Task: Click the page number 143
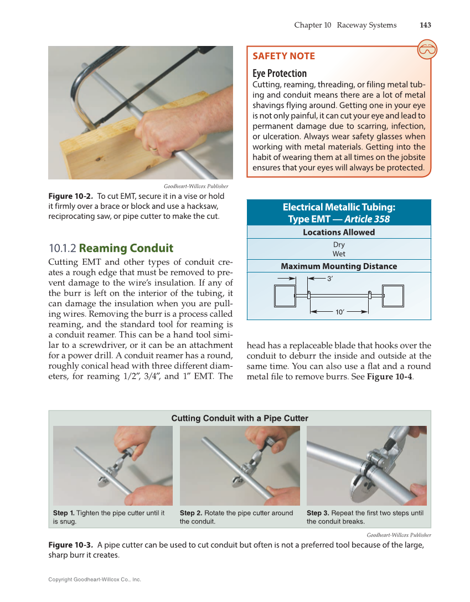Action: (x=425, y=25)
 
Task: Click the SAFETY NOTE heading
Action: (x=283, y=56)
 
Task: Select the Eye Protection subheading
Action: (x=279, y=73)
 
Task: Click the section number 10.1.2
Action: (x=63, y=248)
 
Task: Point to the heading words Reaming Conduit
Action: (x=126, y=248)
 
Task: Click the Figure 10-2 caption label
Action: (x=71, y=197)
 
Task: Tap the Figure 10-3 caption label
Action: (x=71, y=546)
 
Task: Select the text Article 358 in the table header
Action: (x=366, y=219)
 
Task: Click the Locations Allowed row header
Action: (x=338, y=233)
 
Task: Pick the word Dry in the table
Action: (x=339, y=245)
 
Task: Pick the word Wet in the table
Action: (x=339, y=254)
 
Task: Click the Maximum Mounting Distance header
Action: (x=338, y=266)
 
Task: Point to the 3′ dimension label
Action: (x=330, y=279)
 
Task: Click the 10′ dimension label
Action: (x=340, y=312)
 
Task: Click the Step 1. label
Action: (x=64, y=513)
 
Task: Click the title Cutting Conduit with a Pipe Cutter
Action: (x=240, y=418)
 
